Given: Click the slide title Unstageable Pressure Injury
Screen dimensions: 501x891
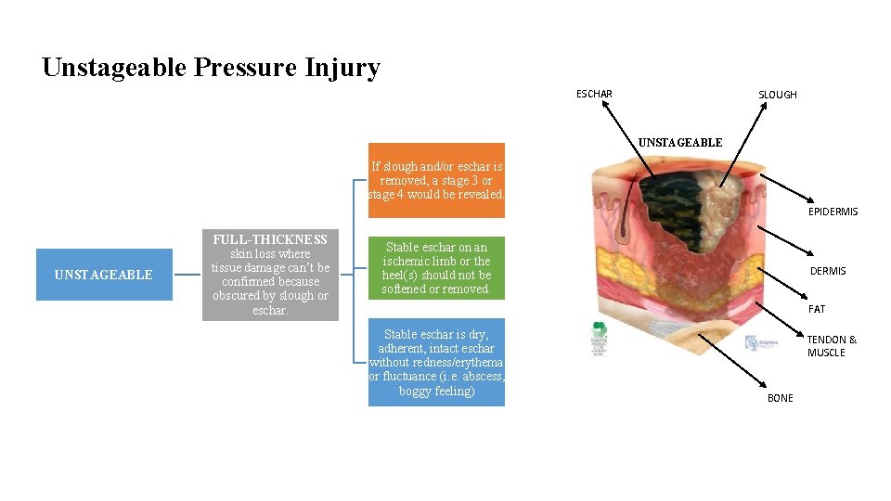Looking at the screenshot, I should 211,68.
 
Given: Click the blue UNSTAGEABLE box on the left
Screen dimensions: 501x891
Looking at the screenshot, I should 104,275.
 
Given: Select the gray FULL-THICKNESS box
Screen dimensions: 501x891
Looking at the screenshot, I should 269,275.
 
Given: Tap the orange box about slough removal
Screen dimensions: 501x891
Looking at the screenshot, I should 436,181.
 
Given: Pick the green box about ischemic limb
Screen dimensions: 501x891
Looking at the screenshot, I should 436,267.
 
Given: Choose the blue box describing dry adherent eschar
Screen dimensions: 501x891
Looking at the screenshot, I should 436,363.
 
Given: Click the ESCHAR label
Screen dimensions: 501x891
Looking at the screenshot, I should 594,94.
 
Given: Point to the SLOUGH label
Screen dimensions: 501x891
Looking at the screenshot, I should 777,95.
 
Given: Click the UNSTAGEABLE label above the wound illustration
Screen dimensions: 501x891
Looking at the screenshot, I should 679,143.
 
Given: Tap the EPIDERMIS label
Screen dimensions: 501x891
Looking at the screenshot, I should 833,212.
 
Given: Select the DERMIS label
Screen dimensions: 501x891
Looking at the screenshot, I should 828,271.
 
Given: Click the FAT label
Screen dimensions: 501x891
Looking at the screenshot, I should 816,309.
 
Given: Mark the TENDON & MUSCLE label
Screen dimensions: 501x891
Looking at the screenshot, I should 832,346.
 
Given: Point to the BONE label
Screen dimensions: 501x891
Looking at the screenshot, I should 780,398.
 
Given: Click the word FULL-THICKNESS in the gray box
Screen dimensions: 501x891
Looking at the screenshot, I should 269,239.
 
